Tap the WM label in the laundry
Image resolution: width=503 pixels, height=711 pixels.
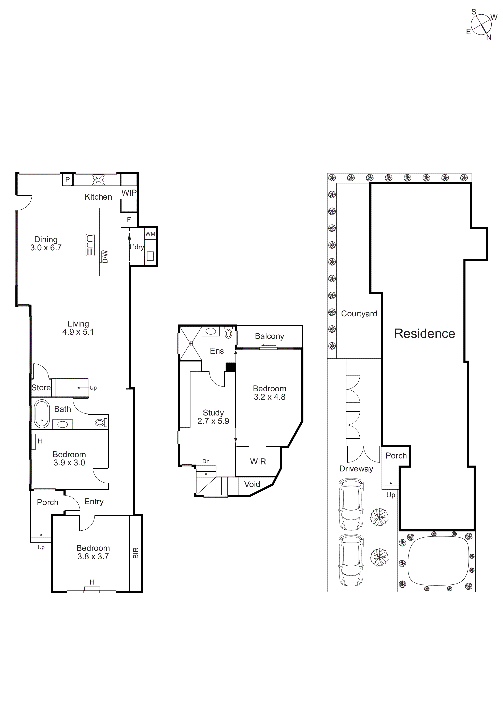150,234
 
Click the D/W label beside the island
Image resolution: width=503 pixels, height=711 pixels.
105,257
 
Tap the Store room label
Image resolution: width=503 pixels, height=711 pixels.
41,388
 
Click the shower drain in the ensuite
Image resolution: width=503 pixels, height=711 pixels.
191,343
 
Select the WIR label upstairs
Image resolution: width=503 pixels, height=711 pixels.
258,462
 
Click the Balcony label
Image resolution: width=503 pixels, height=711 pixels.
269,336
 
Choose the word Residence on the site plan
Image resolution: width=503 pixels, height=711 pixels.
424,334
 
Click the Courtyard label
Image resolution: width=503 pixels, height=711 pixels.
359,314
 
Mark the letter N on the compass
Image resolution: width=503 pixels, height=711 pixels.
489,37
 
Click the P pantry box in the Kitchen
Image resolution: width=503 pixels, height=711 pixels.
68,180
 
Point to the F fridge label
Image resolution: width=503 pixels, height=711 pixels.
129,220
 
